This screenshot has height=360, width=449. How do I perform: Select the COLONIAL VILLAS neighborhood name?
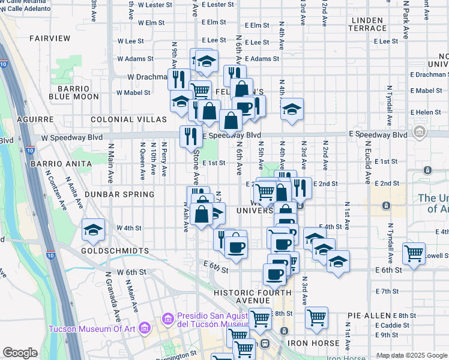click(x=128, y=119)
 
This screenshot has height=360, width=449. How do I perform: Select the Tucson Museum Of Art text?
click(x=91, y=328)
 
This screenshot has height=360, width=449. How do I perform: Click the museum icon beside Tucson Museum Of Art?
click(x=144, y=328)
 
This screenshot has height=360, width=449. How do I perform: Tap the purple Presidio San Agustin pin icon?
click(x=168, y=318)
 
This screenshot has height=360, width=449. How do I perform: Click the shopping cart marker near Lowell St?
click(x=414, y=254)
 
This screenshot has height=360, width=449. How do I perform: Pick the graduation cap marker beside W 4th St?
click(x=93, y=231)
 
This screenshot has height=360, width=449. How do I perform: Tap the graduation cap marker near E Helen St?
click(x=292, y=109)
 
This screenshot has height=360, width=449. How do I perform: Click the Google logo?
click(x=20, y=353)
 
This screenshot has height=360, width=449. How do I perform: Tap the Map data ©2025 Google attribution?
click(x=411, y=355)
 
